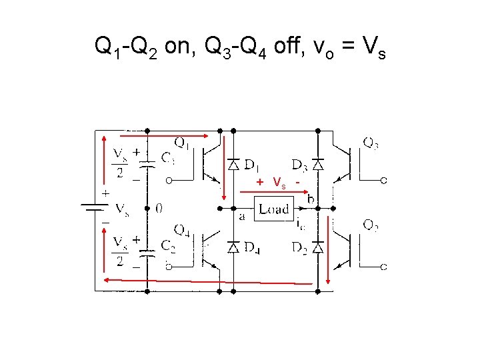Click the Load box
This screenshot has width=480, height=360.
coord(274,209)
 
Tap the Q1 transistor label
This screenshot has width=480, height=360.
coord(181,142)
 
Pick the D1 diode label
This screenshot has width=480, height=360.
coord(251,163)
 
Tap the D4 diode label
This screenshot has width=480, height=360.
coord(251,247)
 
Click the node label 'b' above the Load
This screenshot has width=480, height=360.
coord(311,198)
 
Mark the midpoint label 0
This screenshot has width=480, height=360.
coord(159,208)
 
